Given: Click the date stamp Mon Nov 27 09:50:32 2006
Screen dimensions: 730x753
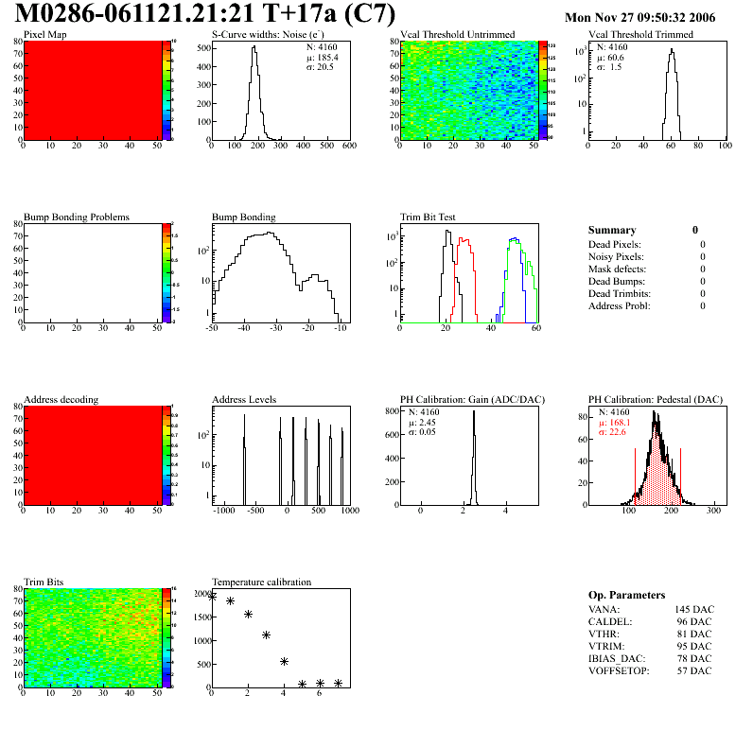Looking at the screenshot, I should (639, 18).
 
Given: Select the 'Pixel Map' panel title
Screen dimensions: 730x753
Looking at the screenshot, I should (44, 34).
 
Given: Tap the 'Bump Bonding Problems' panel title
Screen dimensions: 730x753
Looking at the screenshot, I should (77, 217).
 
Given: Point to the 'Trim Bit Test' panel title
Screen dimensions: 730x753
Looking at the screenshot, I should (428, 217).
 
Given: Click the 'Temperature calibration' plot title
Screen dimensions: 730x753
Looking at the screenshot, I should (261, 582).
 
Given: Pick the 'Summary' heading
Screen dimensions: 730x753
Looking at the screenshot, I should (612, 230).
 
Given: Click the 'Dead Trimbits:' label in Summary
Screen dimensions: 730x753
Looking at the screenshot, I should (619, 293).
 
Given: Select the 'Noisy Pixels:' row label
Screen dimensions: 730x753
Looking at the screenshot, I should (617, 256).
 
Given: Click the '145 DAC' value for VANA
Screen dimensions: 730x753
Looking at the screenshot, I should (693, 609).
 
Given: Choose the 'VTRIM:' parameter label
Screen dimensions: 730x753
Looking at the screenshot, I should (605, 646).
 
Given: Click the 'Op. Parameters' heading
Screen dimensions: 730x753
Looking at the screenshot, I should (626, 595).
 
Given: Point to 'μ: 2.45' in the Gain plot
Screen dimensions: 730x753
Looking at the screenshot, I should (425, 423).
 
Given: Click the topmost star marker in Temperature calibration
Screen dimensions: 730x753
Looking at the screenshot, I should (212, 597).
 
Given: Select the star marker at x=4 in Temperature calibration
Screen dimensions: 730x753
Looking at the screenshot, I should (284, 661).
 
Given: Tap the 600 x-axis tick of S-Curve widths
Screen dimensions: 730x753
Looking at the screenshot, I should (348, 146).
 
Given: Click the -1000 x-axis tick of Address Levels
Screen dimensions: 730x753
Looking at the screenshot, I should (223, 510).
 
